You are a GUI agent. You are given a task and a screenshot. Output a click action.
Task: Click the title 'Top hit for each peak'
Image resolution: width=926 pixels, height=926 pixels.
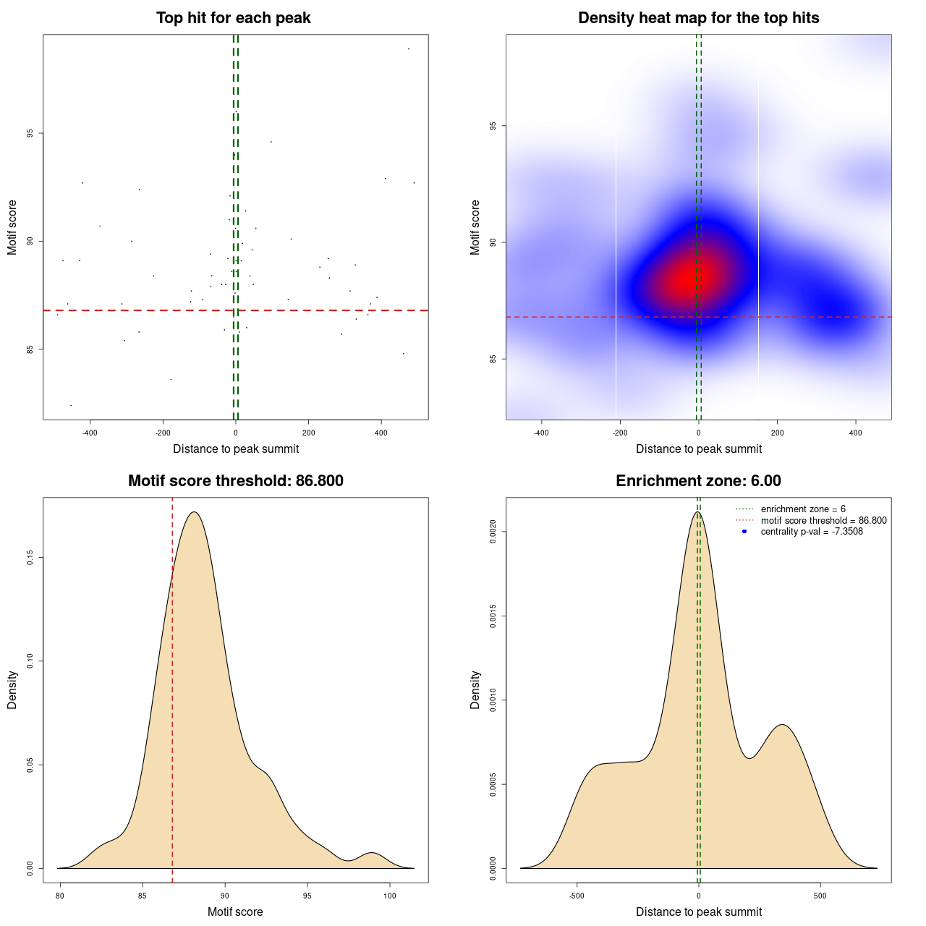point(234,18)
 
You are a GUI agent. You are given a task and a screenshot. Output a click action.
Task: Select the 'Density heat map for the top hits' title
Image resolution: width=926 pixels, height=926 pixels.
point(698,18)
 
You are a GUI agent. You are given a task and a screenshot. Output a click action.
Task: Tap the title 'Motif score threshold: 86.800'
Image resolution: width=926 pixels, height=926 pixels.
point(235,481)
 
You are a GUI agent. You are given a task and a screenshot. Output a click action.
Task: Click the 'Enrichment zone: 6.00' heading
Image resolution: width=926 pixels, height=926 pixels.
point(698,481)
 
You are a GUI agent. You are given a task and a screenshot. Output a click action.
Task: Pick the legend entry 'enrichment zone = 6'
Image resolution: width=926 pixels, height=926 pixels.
point(802,509)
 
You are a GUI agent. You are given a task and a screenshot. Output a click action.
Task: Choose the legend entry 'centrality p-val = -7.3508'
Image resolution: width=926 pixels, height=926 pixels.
point(811,532)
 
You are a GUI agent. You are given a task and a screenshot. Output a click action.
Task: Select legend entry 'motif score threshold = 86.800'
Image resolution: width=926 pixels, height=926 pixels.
point(823,521)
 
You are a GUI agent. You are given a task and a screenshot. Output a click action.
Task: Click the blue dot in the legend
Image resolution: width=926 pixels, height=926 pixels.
point(744,532)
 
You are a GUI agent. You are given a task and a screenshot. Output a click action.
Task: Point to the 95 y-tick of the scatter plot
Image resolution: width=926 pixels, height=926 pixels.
point(30,133)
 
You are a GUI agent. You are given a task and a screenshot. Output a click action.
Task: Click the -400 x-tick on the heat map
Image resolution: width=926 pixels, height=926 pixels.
point(541,433)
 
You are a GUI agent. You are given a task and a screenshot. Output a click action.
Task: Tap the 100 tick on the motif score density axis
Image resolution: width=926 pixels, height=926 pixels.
point(390,896)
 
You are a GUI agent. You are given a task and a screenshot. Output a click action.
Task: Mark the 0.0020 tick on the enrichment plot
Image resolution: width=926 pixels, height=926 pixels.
point(493,532)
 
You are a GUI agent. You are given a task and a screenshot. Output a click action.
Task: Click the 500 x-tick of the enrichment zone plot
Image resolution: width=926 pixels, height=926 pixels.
point(820,896)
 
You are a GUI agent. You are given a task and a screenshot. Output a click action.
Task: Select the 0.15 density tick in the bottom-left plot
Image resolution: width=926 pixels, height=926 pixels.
point(30,558)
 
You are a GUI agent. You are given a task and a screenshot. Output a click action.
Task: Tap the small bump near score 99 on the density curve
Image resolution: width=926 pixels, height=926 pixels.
point(372,853)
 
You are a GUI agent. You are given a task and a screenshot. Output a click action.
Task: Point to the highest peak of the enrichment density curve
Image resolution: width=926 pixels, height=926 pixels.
point(697,512)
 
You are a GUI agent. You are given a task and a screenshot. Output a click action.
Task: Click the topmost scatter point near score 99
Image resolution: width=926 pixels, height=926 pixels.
point(409,48)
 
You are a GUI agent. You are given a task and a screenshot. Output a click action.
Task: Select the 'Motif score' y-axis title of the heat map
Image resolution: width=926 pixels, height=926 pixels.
point(475,227)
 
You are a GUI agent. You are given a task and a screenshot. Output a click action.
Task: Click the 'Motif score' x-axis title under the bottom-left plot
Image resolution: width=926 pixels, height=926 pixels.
point(235,912)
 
